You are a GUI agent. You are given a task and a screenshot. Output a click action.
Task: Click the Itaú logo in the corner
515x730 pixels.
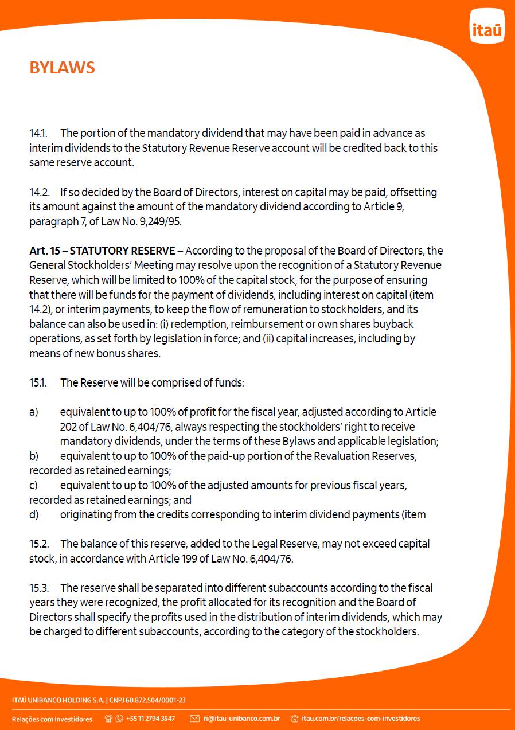click(x=487, y=26)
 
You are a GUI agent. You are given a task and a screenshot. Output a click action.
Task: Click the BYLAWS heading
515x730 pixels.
click(x=62, y=68)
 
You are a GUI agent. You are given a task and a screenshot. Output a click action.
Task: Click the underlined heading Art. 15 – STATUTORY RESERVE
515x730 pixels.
click(x=102, y=251)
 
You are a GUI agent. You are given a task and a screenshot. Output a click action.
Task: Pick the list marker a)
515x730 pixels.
click(x=34, y=412)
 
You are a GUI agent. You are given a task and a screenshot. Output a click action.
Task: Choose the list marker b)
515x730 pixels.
click(x=34, y=456)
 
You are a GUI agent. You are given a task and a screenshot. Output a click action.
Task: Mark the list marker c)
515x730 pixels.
click(x=33, y=485)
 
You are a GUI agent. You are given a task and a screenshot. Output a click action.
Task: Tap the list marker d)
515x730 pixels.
click(x=34, y=514)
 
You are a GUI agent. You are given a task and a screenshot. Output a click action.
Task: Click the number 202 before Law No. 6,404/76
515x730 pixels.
click(x=69, y=427)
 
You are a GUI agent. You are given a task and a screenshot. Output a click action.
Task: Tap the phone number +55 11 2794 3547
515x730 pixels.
click(x=150, y=719)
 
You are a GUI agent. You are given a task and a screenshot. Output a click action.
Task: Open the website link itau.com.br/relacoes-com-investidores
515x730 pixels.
click(x=361, y=719)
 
